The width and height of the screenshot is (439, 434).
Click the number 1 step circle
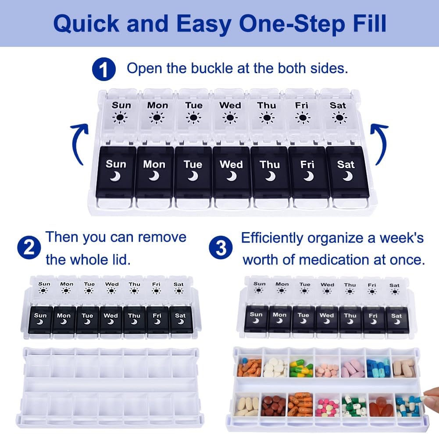coord(104,70)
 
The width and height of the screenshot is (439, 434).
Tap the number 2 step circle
coord(29,249)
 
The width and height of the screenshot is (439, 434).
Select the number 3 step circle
coord(221,248)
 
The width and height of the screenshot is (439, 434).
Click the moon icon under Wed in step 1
coord(231,176)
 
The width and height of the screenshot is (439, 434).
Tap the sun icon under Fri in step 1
coord(302,118)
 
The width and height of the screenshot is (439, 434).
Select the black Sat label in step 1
coord(346,165)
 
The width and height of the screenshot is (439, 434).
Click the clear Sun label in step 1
coord(121,105)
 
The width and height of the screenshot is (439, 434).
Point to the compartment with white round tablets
coord(275,368)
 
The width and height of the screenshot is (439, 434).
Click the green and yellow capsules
coord(301,368)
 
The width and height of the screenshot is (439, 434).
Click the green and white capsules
coord(353,406)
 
